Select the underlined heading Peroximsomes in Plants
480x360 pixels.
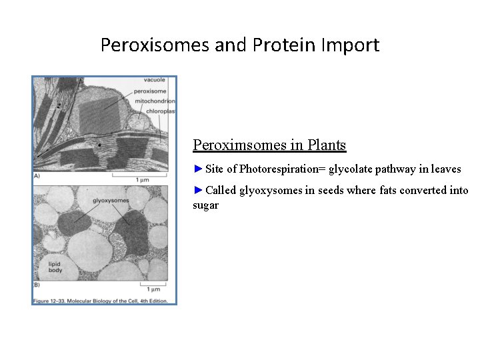(x=269, y=145)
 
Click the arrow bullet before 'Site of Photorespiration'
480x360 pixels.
(x=198, y=169)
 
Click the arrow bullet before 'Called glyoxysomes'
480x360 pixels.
(x=198, y=191)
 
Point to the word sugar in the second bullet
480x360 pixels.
(x=205, y=205)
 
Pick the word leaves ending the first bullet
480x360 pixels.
(x=445, y=169)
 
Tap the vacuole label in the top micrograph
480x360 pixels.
(x=155, y=80)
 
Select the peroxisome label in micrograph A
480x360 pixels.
(x=151, y=90)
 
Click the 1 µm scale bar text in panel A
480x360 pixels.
(x=141, y=181)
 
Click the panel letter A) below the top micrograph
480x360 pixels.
(x=37, y=176)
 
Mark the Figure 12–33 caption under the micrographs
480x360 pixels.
(x=103, y=301)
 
